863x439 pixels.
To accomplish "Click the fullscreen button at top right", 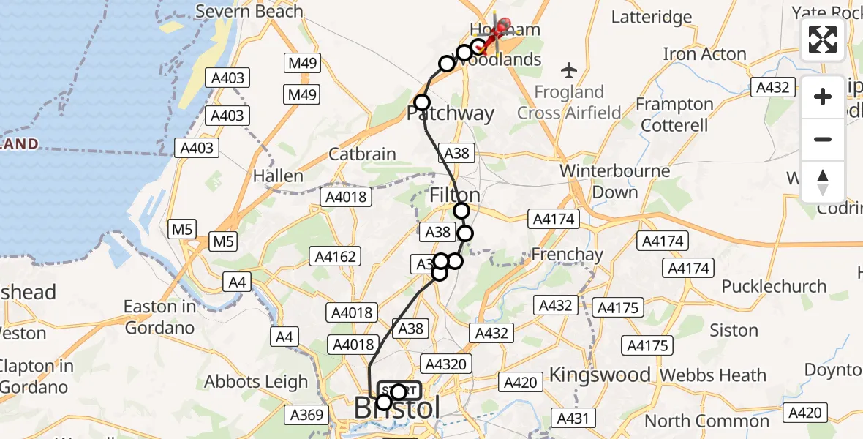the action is (823, 40).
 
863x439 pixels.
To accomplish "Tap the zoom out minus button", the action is (823, 139).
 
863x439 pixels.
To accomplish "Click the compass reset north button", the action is (823, 182).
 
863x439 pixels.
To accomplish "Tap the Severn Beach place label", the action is (249, 12).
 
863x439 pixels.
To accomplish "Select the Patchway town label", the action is (451, 113).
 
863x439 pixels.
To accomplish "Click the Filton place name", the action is (454, 195).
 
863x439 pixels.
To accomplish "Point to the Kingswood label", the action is (600, 375).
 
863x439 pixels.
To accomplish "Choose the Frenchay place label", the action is (568, 255).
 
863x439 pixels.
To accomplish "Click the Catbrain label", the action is (362, 154).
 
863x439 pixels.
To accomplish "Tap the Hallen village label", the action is (278, 176).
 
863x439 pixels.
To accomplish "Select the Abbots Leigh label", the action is (256, 381).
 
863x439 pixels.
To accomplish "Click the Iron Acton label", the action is (704, 54).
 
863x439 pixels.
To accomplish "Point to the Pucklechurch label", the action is (774, 286).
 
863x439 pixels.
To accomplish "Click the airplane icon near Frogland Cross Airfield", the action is (569, 70).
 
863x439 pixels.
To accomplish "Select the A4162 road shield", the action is (336, 256).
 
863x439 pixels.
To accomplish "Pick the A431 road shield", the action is (573, 419).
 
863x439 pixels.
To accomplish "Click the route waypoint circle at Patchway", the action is (421, 102).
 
